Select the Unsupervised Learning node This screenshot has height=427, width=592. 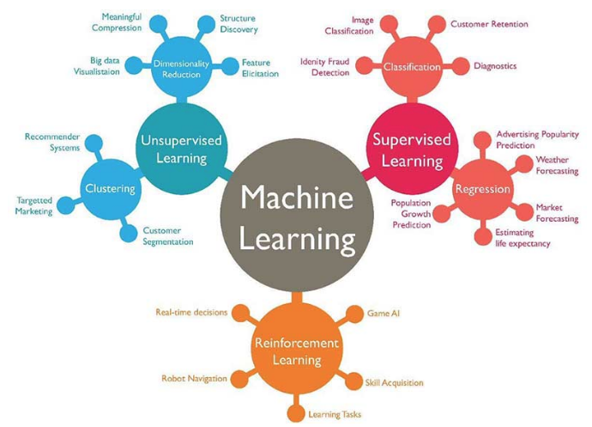182,149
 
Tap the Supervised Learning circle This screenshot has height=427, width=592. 413,149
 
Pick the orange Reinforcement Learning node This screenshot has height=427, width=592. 297,351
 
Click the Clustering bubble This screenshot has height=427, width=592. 111,189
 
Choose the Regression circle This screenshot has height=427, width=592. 482,189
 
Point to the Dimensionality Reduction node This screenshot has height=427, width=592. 182,68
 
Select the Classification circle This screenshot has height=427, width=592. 413,67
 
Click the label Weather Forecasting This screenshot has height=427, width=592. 557,165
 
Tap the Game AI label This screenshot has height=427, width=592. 384,313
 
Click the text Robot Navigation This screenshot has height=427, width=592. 194,378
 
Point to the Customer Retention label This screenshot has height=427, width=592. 489,24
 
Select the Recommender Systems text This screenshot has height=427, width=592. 52,143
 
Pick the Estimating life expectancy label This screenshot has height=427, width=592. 523,238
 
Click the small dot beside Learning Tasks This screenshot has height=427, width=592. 296,413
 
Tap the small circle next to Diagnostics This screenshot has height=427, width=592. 460,66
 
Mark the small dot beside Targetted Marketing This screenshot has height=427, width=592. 66,205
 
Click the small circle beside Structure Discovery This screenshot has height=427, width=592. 206,25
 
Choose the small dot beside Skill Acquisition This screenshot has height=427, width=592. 353,381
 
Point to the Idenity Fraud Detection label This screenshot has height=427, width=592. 324,67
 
